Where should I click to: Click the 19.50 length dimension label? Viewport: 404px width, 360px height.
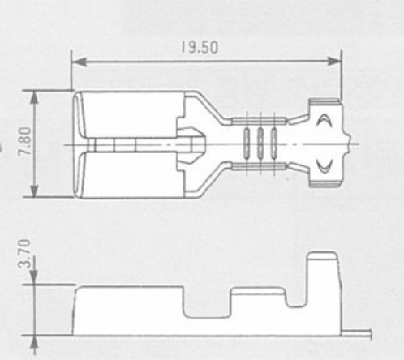click(x=200, y=47)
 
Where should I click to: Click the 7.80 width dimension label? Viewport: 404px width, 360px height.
click(x=24, y=141)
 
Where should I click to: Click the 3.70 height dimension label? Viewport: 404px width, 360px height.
click(x=24, y=253)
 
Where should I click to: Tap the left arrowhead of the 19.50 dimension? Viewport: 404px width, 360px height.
click(x=79, y=62)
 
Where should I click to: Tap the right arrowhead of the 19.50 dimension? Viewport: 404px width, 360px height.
click(x=334, y=62)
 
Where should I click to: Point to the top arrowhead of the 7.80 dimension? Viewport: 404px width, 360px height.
click(x=34, y=97)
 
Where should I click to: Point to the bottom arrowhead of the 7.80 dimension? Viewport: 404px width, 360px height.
click(x=34, y=191)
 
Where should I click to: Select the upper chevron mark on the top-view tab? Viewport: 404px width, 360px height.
click(x=324, y=120)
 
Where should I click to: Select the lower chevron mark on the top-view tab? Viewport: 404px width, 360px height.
click(x=324, y=165)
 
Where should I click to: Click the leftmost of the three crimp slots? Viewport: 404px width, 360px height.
click(x=247, y=143)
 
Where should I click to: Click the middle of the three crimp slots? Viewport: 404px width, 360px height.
click(x=260, y=143)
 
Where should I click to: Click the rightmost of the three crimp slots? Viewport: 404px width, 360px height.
click(x=274, y=143)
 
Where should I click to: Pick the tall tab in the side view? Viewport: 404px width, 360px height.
click(x=323, y=293)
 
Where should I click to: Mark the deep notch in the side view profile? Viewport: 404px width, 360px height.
click(x=207, y=302)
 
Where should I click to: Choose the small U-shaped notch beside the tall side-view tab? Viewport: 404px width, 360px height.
click(x=296, y=298)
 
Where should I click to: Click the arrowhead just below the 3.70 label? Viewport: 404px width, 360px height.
click(x=33, y=278)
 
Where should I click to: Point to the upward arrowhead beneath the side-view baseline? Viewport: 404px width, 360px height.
click(x=34, y=343)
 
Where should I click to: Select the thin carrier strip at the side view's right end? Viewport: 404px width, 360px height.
click(x=356, y=332)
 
